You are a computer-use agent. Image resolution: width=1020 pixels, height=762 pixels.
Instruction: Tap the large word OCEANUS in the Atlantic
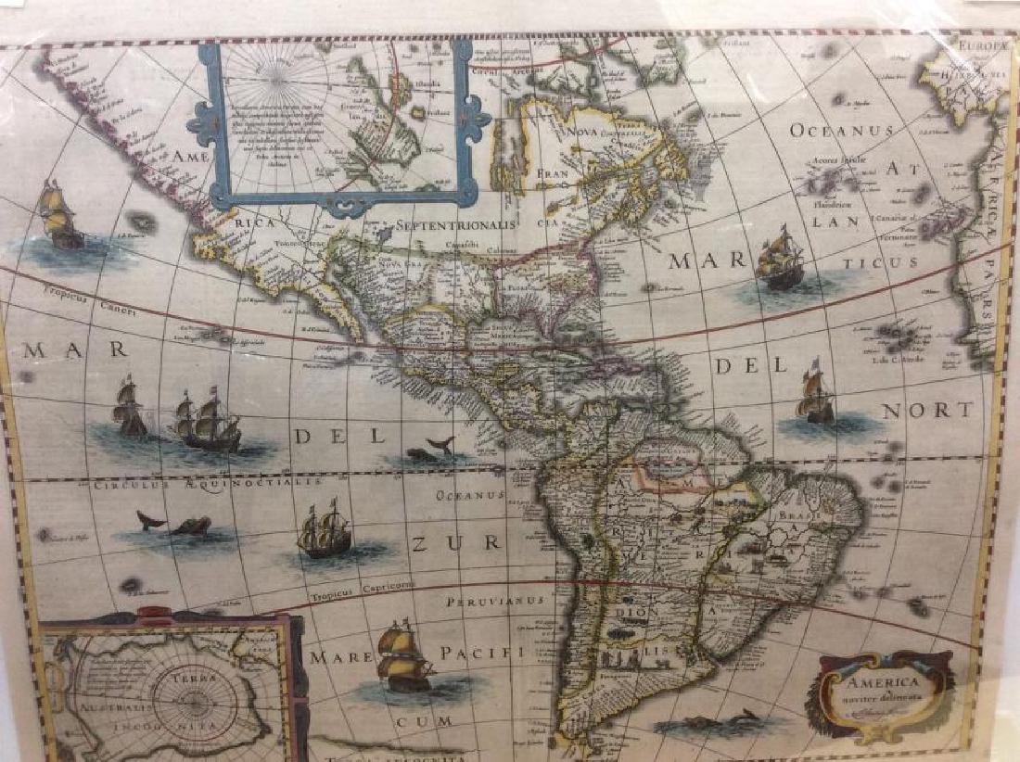[x=841, y=131]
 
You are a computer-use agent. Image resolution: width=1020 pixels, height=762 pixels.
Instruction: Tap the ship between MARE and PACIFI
[x=404, y=656]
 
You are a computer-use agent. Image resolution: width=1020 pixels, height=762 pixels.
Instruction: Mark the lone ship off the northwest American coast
[x=58, y=214]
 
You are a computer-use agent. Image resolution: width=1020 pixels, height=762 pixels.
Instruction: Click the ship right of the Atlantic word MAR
[x=779, y=261]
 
